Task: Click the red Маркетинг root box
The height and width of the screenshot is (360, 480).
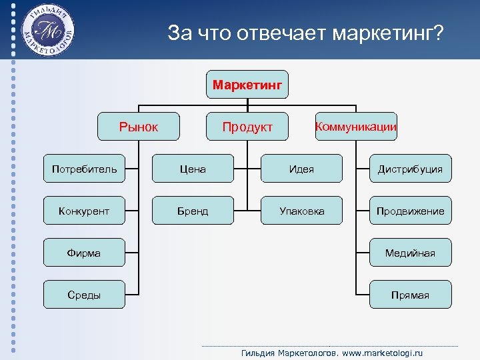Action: click(247, 85)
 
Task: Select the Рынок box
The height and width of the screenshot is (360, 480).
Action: click(139, 127)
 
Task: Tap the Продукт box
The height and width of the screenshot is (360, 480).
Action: click(247, 127)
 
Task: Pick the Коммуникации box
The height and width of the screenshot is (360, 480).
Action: click(355, 127)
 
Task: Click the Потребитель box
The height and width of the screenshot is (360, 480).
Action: click(84, 169)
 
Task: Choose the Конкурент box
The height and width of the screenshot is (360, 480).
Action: click(84, 211)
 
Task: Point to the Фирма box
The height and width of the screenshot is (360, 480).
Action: click(84, 253)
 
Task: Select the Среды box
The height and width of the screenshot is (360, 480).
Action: click(84, 295)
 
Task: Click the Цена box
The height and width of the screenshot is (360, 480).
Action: click(193, 169)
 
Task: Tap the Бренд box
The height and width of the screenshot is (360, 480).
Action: click(193, 211)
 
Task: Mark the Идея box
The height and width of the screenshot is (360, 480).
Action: click(301, 169)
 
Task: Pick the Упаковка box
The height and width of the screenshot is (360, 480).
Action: click(301, 211)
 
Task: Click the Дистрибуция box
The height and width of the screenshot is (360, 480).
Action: click(410, 169)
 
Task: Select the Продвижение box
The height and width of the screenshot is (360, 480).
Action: click(410, 211)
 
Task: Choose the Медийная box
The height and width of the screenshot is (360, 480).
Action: click(410, 253)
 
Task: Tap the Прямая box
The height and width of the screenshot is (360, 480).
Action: click(410, 295)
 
